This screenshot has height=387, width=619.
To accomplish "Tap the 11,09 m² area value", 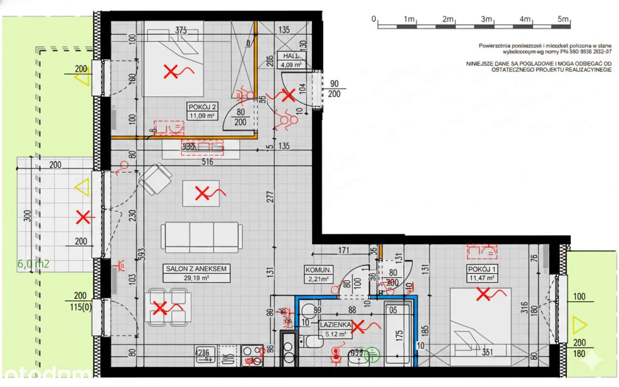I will click(202, 116).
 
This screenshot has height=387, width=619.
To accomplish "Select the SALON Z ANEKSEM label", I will click(196, 269).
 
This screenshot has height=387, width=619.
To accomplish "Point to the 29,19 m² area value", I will click(196, 278).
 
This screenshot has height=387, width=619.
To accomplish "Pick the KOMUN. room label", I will click(317, 269).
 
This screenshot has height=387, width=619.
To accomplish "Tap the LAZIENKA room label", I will click(334, 325).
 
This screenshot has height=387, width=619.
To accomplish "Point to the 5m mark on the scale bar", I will click(563, 19).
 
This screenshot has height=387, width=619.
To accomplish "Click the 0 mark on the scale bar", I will click(374, 19).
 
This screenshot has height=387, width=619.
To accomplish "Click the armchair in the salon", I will click(156, 179).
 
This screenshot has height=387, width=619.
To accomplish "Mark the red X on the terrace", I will click(83, 217).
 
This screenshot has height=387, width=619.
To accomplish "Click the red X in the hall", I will click(288, 95).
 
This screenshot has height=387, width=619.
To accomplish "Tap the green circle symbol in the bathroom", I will click(372, 355).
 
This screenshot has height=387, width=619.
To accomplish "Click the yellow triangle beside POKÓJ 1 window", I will click(579, 325).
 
